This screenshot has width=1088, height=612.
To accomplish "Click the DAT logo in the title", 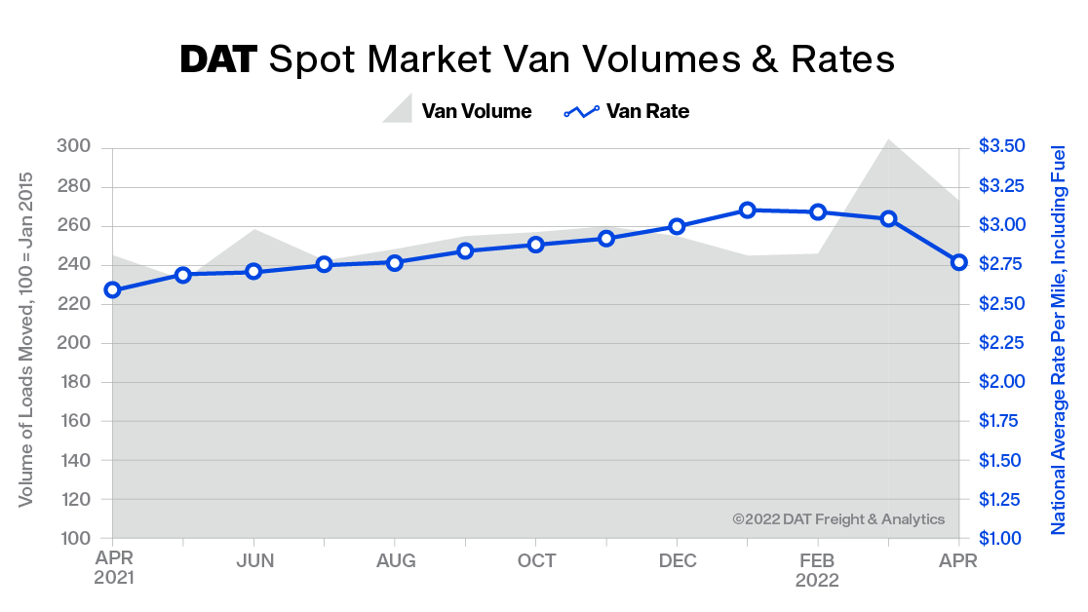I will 218,60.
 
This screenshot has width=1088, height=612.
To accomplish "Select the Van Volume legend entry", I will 457,111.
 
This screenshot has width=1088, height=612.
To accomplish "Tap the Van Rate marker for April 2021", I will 113,289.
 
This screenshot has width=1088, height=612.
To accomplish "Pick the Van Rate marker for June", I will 253,271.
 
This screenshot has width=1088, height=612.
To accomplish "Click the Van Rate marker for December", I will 677,226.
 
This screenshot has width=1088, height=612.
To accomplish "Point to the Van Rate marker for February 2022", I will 818,212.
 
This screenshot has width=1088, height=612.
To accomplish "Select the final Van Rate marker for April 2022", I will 958,262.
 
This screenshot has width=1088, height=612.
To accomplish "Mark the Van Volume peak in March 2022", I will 888,140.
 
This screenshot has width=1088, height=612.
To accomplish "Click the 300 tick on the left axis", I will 77,147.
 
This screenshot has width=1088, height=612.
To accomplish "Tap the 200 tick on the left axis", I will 77,343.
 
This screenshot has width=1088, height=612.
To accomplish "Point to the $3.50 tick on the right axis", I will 1001,147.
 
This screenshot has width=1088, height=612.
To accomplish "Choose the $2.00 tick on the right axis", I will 1001,382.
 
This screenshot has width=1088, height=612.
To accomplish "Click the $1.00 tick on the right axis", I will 1001,539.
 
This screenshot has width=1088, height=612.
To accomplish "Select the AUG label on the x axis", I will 395,561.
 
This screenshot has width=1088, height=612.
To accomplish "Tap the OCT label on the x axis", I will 536,561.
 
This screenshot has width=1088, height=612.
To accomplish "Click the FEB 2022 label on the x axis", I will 818,570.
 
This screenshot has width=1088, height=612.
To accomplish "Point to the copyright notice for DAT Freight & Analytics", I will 838,519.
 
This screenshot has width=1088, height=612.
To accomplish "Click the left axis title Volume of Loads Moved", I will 26,339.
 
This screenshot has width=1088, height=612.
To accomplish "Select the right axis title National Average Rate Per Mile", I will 1058,339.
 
